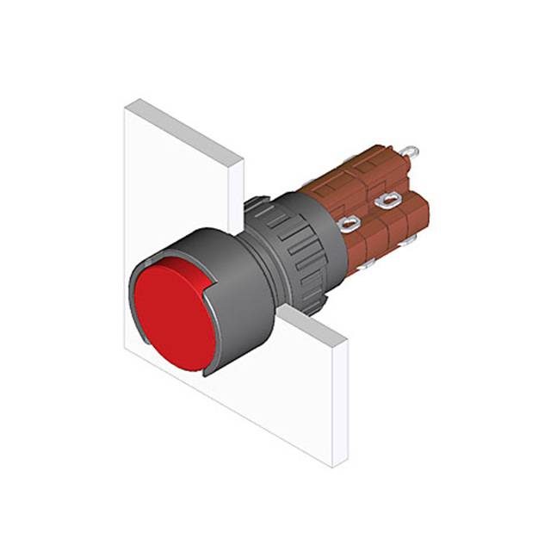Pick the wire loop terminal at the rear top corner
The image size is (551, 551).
(414, 153)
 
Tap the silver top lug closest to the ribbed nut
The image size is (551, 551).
(348, 226)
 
